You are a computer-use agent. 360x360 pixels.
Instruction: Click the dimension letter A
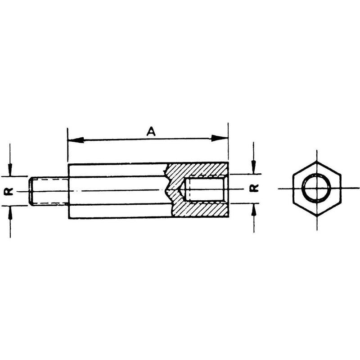[x=151, y=131]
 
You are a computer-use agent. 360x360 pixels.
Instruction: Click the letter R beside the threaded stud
[x=9, y=191]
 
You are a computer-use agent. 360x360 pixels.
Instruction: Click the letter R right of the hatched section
[x=254, y=188]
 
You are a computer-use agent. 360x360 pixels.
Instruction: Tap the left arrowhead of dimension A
[x=76, y=140]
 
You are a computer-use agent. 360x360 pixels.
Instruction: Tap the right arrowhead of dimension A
[x=220, y=138]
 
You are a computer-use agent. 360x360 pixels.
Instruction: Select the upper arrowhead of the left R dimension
[x=10, y=170]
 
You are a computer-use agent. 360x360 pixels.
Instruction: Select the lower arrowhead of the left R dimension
[x=10, y=212]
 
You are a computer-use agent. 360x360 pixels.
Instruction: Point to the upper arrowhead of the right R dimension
[x=253, y=167]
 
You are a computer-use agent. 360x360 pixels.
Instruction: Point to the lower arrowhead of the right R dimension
[x=254, y=210]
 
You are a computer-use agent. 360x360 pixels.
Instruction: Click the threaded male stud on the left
[x=49, y=191]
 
